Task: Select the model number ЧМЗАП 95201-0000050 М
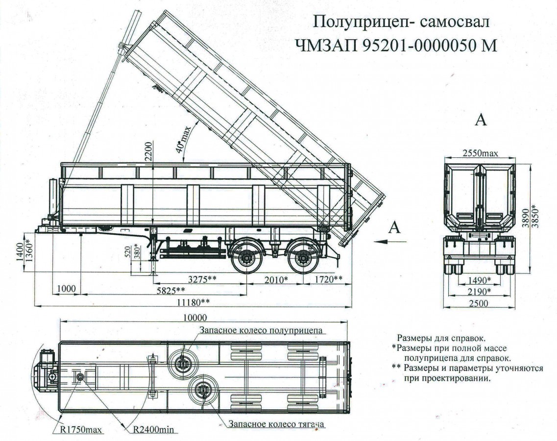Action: click(396, 45)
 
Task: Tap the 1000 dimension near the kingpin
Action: click(66, 289)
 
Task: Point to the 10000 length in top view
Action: click(194, 317)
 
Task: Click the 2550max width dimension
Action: click(480, 153)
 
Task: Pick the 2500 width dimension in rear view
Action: click(478, 303)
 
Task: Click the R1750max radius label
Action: click(81, 430)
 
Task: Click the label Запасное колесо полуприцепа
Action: click(261, 330)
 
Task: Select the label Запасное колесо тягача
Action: click(277, 424)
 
